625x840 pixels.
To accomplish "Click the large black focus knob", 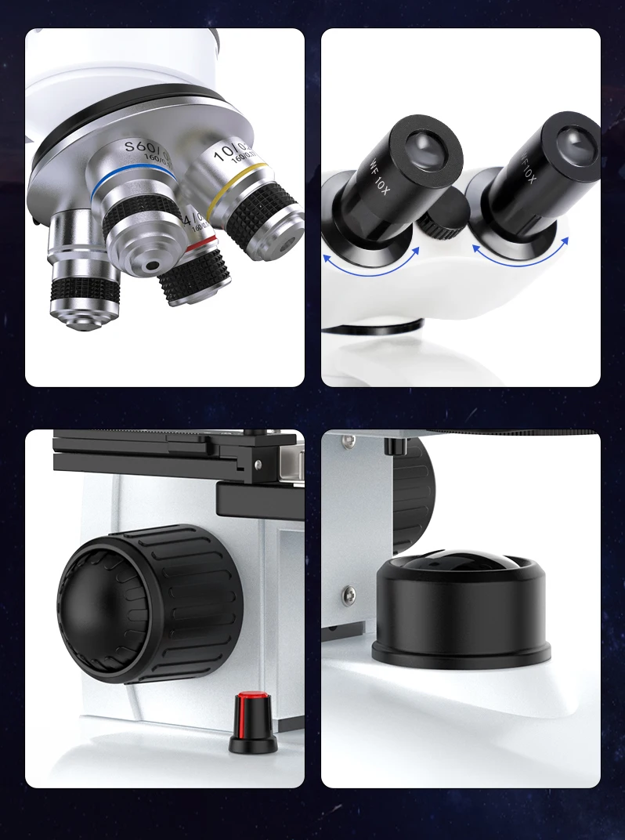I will point(149,603).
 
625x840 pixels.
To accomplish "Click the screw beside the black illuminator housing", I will point(349,592).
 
